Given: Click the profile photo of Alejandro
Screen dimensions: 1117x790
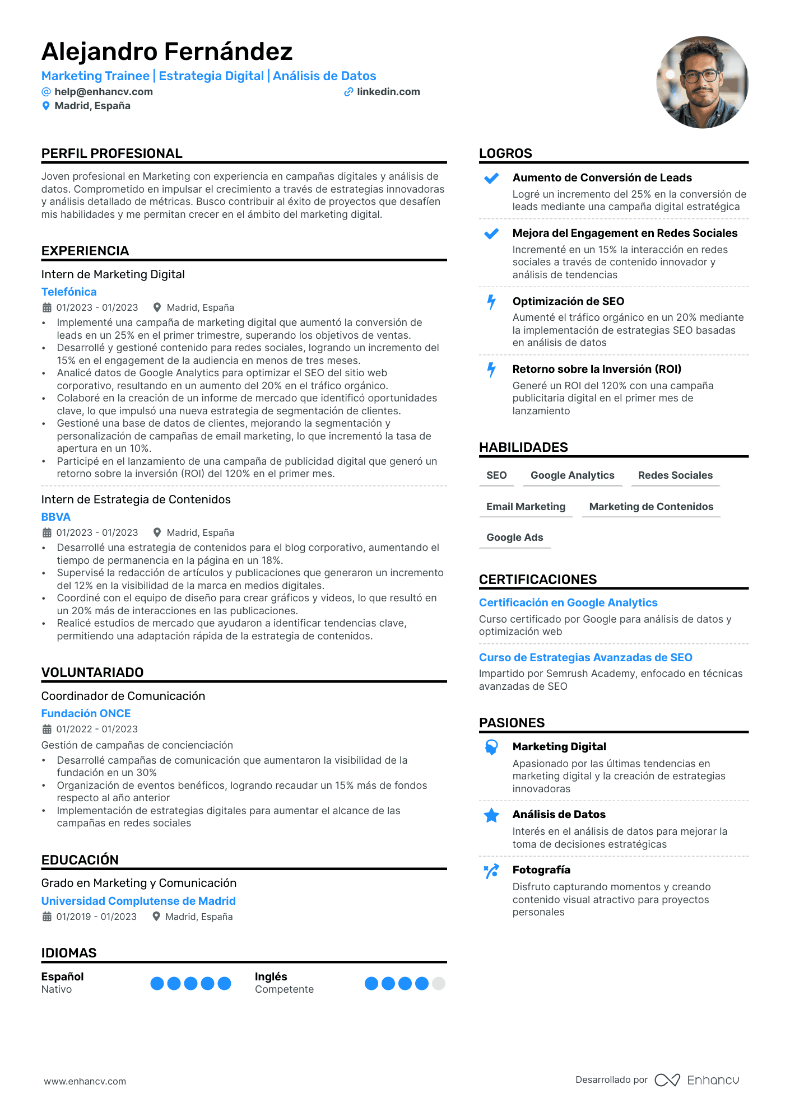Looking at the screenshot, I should click(702, 82).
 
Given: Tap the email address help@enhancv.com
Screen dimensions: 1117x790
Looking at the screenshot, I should click(103, 92).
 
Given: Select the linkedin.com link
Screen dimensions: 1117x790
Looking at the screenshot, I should click(388, 92).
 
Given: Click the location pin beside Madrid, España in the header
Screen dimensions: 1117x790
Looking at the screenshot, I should click(46, 106).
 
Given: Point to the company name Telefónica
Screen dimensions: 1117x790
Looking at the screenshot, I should click(69, 292).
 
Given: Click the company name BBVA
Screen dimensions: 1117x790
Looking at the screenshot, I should click(56, 517).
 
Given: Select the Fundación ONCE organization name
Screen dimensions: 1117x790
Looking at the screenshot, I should click(86, 713).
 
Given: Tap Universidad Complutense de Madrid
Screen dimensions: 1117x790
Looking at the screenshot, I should click(138, 901).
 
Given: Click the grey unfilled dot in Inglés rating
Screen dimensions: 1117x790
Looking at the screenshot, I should click(439, 983).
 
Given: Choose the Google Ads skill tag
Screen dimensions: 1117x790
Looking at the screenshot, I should click(515, 538).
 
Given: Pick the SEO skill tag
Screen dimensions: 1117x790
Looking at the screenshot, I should click(496, 475).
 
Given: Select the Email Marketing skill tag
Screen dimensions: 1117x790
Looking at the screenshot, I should click(526, 507).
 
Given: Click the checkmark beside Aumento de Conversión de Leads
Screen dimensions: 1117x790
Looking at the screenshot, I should click(491, 179).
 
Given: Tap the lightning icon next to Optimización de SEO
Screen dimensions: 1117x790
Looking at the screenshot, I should click(491, 302).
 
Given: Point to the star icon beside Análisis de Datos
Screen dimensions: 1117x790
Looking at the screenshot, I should click(491, 816).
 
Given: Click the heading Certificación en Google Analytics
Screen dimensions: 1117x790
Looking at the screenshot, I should click(568, 602).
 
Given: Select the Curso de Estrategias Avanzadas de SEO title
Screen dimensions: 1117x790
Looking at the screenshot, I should click(585, 657).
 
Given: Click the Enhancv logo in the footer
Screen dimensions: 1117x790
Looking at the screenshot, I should click(697, 1080).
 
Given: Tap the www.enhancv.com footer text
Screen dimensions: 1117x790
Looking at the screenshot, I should click(85, 1081).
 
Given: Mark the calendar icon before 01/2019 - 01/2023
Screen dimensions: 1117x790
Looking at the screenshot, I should click(47, 917).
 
